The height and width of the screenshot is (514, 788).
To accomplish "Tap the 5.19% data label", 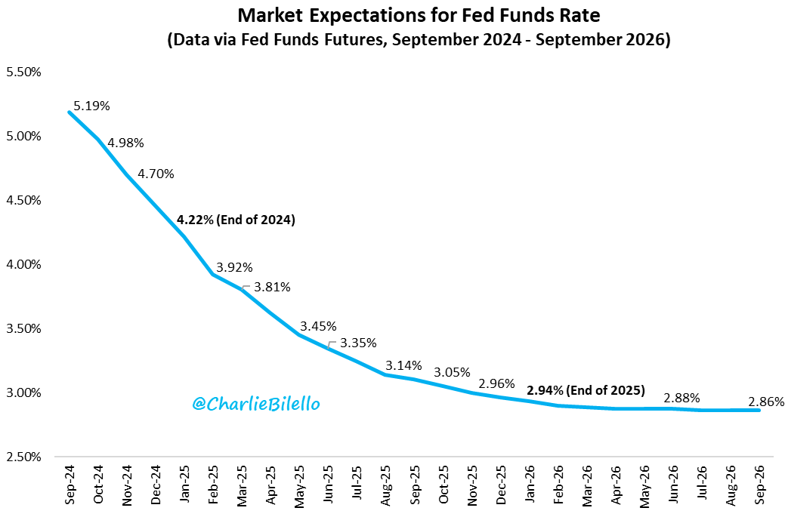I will click(x=91, y=106).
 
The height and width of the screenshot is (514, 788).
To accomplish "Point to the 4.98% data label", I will click(x=125, y=143).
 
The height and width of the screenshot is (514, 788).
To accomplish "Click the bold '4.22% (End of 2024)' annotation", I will click(x=236, y=220).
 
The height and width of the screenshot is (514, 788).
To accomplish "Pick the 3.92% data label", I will click(x=234, y=267).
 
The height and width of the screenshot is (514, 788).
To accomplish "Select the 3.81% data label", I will click(x=272, y=287).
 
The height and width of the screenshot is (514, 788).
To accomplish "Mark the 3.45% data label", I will click(x=318, y=327).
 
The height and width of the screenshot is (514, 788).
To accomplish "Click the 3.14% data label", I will click(x=403, y=365).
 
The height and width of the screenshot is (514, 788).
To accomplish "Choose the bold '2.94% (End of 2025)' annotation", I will click(x=586, y=390).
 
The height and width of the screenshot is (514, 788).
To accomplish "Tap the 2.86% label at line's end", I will click(x=766, y=402).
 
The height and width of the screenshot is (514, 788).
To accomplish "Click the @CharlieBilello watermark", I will click(x=256, y=405).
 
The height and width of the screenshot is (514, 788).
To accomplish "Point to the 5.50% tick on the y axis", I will click(x=23, y=72).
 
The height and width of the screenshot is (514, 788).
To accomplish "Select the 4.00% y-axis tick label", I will click(x=23, y=265).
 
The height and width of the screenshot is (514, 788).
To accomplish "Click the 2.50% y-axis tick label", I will click(x=23, y=457).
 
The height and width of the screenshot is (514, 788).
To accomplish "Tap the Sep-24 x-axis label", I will click(x=70, y=488).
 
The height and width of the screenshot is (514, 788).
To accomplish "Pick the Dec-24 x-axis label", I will click(x=156, y=488).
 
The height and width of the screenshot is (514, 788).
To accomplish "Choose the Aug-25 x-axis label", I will click(x=385, y=488).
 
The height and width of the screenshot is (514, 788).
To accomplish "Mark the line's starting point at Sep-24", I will click(x=70, y=112).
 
